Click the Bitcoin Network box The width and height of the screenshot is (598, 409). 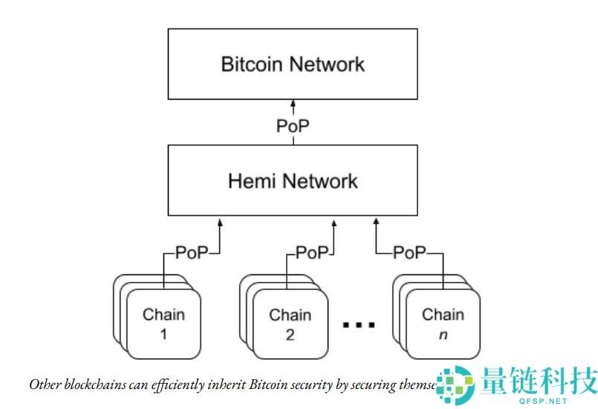(293, 64)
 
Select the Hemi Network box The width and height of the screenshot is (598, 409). (293, 181)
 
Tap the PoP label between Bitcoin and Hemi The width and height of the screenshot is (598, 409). (293, 126)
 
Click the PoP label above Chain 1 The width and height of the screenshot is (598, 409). (192, 253)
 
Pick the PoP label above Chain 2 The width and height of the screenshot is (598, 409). (312, 253)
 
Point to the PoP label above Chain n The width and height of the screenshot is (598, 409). (409, 253)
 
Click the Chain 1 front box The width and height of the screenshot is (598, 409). (163, 323)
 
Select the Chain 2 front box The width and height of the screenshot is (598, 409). (290, 323)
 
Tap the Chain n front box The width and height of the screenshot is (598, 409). (443, 323)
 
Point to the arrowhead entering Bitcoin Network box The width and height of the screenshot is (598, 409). (293, 103)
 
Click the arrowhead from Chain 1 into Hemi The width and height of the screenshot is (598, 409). (221, 221)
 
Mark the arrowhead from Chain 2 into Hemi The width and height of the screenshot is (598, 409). (334, 221)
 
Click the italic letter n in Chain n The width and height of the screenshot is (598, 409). (443, 335)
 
